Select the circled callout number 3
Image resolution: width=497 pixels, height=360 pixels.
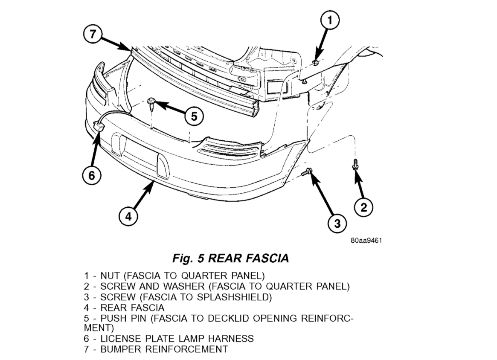tap(337, 224)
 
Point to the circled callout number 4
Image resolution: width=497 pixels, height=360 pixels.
tap(128, 216)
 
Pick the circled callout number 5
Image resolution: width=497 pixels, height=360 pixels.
tap(194, 116)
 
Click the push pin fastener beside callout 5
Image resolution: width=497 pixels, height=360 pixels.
tap(151, 103)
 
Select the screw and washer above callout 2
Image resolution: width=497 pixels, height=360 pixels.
tap(355, 165)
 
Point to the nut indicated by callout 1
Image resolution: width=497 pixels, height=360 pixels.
tap(315, 63)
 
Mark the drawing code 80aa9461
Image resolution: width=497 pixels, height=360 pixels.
tap(366, 241)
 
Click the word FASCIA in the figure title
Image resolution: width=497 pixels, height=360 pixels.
tap(267, 258)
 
